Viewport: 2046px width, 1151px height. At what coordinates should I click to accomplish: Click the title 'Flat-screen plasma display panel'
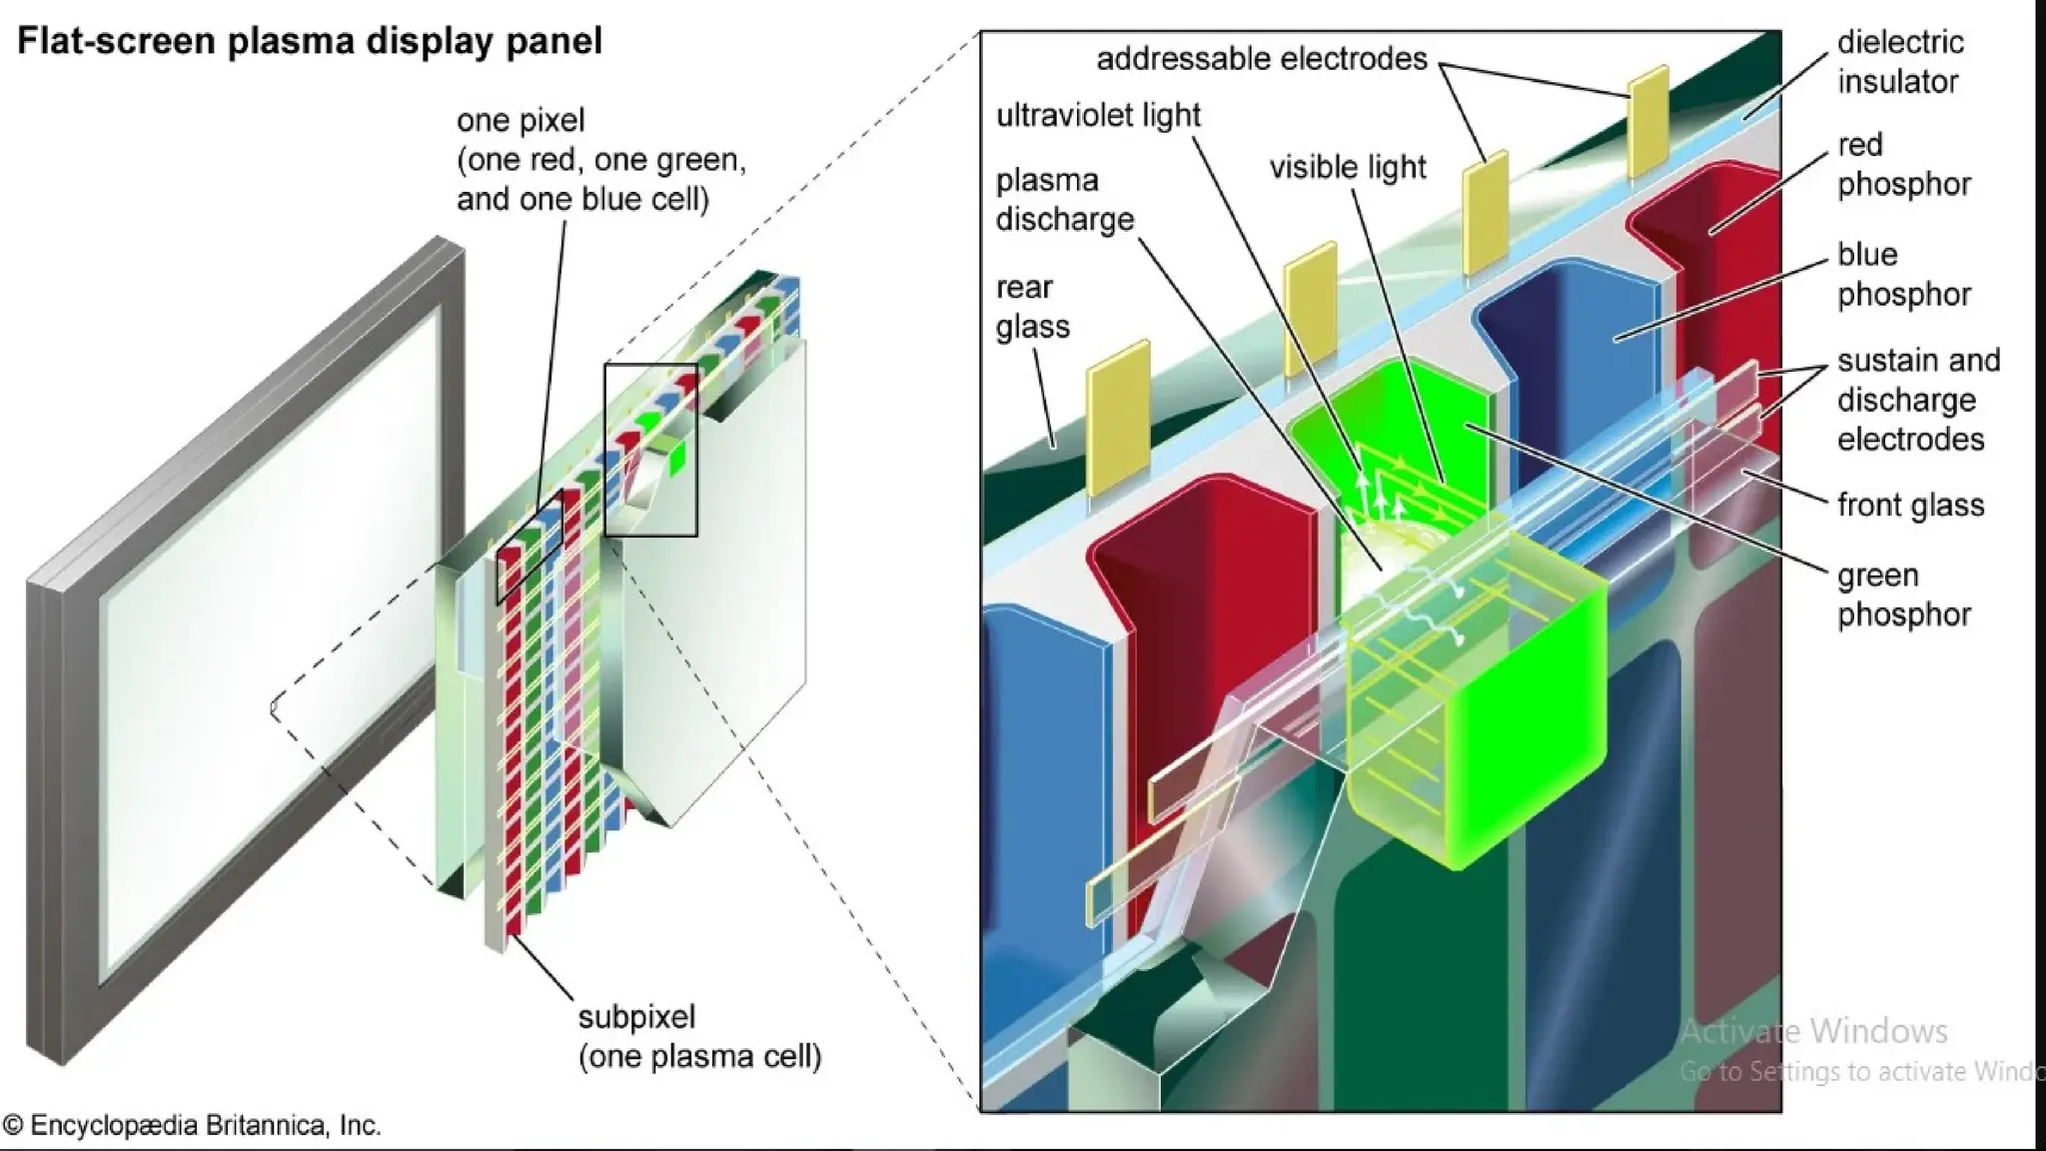click(x=310, y=42)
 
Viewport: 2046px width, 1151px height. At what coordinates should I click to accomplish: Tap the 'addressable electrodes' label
click(x=1261, y=59)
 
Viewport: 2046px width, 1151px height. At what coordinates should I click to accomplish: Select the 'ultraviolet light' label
click(x=1098, y=116)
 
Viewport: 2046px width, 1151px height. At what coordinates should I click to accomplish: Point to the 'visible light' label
click(x=1347, y=167)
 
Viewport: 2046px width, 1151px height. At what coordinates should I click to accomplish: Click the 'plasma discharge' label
click(x=1064, y=200)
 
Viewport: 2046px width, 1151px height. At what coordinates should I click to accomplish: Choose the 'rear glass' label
click(x=1032, y=307)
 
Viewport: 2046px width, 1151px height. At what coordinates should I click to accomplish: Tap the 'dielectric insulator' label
click(x=1900, y=62)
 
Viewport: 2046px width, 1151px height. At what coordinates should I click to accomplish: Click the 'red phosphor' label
click(x=1903, y=165)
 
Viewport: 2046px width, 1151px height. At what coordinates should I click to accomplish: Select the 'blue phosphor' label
click(x=1903, y=275)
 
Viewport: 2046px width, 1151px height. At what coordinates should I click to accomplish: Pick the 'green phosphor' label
click(x=1903, y=594)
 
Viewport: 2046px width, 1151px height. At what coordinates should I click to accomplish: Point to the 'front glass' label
click(x=1910, y=506)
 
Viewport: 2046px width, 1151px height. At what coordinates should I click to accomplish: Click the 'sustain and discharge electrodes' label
click(x=1917, y=400)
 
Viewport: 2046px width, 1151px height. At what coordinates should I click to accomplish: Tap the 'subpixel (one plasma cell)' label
click(x=699, y=1037)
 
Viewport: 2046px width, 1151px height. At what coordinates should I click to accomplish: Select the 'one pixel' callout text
click(x=600, y=160)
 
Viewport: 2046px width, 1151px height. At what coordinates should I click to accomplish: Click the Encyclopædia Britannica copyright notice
click(x=192, y=1126)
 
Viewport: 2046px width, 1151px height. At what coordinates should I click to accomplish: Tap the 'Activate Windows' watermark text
click(x=1813, y=1031)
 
